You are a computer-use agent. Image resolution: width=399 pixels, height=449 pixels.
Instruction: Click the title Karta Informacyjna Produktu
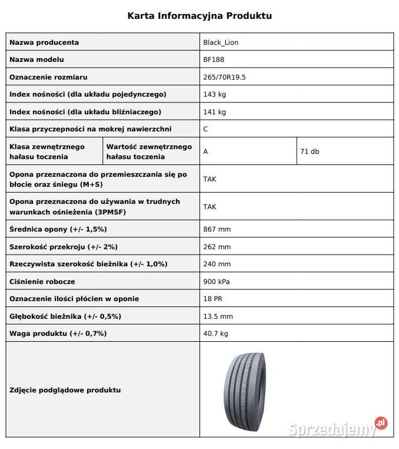pos(199,16)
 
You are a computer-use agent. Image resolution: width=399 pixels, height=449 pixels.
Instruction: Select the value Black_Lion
pos(221,42)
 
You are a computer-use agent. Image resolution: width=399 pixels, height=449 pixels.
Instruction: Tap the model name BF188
pos(214,60)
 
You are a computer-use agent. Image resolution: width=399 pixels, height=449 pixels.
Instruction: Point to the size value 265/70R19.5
pos(224,77)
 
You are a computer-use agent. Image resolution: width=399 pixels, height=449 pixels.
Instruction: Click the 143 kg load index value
pos(214,94)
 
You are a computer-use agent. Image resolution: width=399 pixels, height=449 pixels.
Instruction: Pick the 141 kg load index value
pos(214,111)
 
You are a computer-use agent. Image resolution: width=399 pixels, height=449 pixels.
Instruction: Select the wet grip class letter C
pos(205,128)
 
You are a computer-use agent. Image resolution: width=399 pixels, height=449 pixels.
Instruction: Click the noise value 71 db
pos(310,151)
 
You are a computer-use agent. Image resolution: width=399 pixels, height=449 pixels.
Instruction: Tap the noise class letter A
pos(205,151)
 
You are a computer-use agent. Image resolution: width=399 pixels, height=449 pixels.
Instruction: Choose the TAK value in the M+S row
pos(210,179)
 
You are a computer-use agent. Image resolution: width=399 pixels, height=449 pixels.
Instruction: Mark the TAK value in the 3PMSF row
pos(210,206)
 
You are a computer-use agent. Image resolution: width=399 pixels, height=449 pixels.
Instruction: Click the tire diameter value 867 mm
pos(217,229)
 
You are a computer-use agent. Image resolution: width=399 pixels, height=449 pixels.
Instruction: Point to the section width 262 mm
pos(217,247)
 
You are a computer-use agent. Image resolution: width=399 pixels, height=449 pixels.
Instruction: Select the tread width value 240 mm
pos(217,264)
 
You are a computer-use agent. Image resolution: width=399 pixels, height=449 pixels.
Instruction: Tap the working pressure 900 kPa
pos(217,282)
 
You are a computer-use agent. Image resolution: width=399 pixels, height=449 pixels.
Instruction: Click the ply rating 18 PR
pos(213,299)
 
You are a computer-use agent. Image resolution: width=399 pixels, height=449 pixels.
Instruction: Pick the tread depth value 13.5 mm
pos(218,316)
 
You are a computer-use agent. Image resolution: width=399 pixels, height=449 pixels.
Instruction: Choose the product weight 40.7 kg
pos(215,334)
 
